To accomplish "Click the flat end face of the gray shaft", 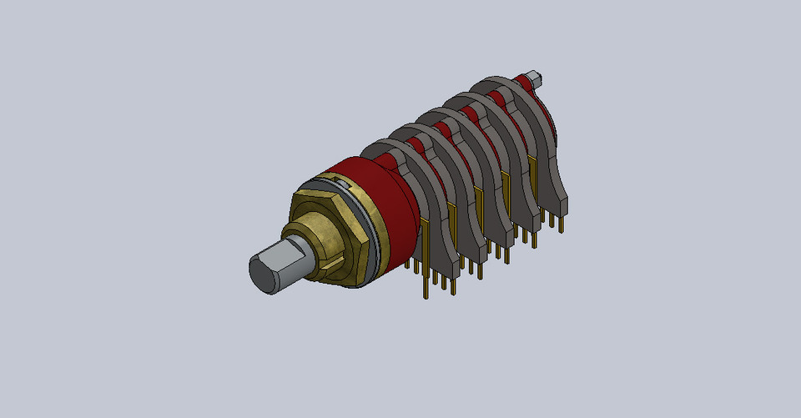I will tap(263, 274).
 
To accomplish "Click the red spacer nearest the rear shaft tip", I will tap(522, 83).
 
